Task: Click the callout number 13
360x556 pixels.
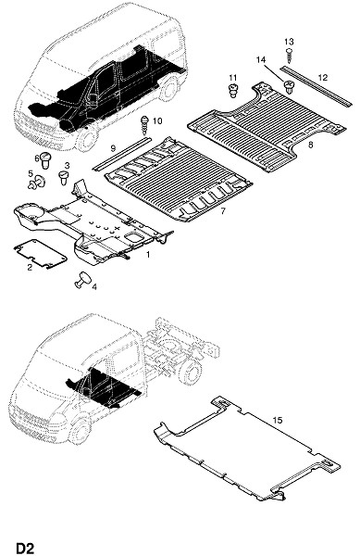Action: (x=289, y=42)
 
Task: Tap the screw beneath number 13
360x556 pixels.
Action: (x=290, y=56)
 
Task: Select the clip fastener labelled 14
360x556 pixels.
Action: (x=289, y=87)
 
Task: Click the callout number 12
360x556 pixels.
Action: (x=323, y=77)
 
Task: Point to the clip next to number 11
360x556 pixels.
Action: (x=232, y=91)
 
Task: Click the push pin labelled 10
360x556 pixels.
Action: (x=144, y=125)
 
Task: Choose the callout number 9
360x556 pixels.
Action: (x=113, y=147)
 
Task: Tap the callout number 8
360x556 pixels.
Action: (x=310, y=145)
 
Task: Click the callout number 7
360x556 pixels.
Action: (x=222, y=211)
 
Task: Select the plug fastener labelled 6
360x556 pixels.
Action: (x=45, y=160)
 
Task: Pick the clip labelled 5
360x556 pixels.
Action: (x=37, y=183)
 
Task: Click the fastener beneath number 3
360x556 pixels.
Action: (x=64, y=178)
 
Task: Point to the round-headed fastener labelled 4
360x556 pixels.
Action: (x=82, y=280)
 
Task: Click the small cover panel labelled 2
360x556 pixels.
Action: (x=40, y=254)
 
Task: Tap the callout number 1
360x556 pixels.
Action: (x=148, y=254)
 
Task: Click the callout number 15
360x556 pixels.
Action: (x=278, y=420)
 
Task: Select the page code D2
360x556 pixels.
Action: (x=25, y=548)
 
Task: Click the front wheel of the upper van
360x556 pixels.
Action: (x=86, y=139)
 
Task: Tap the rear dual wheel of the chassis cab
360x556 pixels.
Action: (x=192, y=373)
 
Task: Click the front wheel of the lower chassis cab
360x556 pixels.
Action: (x=80, y=431)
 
